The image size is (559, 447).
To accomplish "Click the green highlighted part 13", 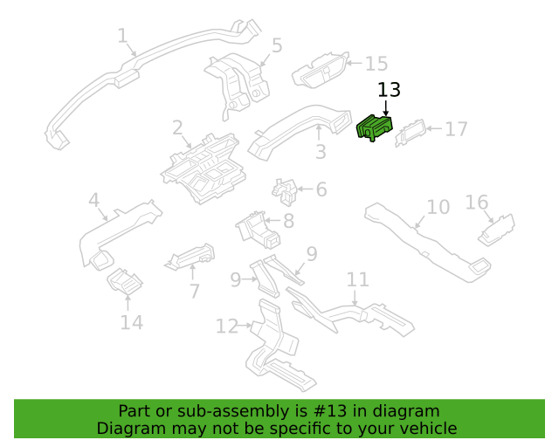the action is pos(375,128).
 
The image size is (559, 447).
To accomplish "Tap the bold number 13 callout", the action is pos(389,90).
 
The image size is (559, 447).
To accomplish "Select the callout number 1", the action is pos(122,36).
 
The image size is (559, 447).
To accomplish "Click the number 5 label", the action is pos(277,45).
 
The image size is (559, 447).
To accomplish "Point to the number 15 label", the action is pos(376,64).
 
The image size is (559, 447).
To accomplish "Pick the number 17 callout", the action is pos(456,129).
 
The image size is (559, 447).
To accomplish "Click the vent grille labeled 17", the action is pos(411,133).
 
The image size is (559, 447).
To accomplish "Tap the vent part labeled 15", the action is pos(321,70).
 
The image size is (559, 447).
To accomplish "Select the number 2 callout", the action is pos(177,127).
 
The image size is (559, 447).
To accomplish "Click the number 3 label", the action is pos(321,152).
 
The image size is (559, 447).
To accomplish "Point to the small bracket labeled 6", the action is pos(285,192).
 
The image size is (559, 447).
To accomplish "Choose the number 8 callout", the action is pos(289,221).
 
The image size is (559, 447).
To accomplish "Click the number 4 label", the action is pos(93,200).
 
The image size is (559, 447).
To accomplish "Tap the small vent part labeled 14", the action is pos(125,282).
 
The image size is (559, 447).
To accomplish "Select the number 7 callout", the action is pos(194,292).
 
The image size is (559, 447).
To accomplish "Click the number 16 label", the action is pos(477,203).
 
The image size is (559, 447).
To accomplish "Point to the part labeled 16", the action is pos(496,230).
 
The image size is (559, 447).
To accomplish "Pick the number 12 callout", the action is pos(227,327).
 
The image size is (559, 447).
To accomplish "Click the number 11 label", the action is pos(358,280).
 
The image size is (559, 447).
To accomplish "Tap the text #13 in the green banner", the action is pos(329,411).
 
